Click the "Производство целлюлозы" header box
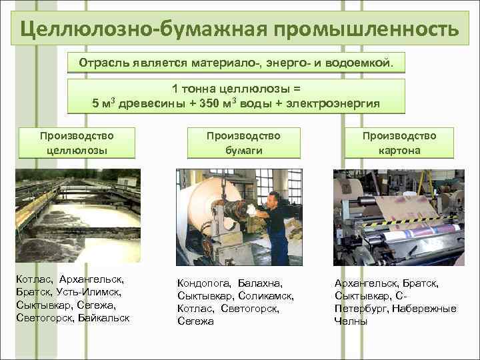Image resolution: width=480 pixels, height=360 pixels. pos(77,143)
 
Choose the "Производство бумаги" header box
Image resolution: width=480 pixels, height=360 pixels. pos(243,143)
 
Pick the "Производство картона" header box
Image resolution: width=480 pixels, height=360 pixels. pos(399,143)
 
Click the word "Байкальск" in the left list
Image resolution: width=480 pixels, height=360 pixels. pos(103,317)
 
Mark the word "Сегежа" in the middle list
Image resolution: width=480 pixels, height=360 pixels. pos(195,321)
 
